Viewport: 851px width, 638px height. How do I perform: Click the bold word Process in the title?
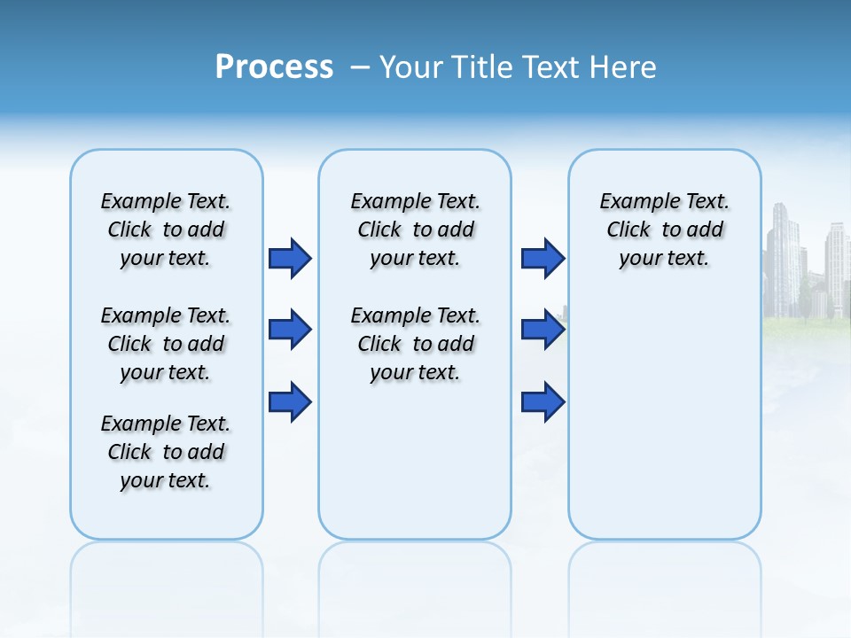(274, 67)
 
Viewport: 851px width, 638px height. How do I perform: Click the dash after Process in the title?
(360, 68)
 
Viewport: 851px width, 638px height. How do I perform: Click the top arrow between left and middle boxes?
(290, 259)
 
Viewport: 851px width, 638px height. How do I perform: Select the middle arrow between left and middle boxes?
(290, 331)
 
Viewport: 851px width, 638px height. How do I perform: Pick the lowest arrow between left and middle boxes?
(290, 402)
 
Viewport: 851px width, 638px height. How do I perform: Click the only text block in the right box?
(664, 230)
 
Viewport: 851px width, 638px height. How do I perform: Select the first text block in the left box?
(165, 230)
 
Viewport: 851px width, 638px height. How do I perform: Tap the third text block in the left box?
(165, 452)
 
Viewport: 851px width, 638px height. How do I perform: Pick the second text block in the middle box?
(415, 344)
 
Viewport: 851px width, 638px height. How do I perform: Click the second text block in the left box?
(165, 344)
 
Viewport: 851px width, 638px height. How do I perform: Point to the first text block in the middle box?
(415, 230)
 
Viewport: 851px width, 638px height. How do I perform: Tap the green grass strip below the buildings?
(807, 326)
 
